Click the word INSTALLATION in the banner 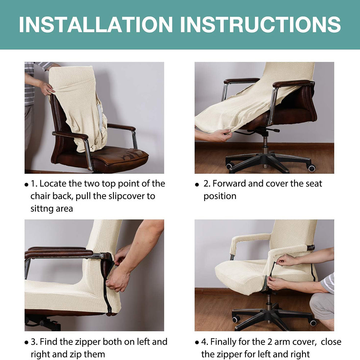tap(96, 24)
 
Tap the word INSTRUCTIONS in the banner tap(261, 24)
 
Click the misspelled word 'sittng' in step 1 tap(41, 209)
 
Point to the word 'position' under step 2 tap(220, 197)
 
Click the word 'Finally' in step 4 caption tap(223, 342)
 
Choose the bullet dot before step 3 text tap(26, 343)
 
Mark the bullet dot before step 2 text tap(197, 184)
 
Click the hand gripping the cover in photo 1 tap(47, 89)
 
